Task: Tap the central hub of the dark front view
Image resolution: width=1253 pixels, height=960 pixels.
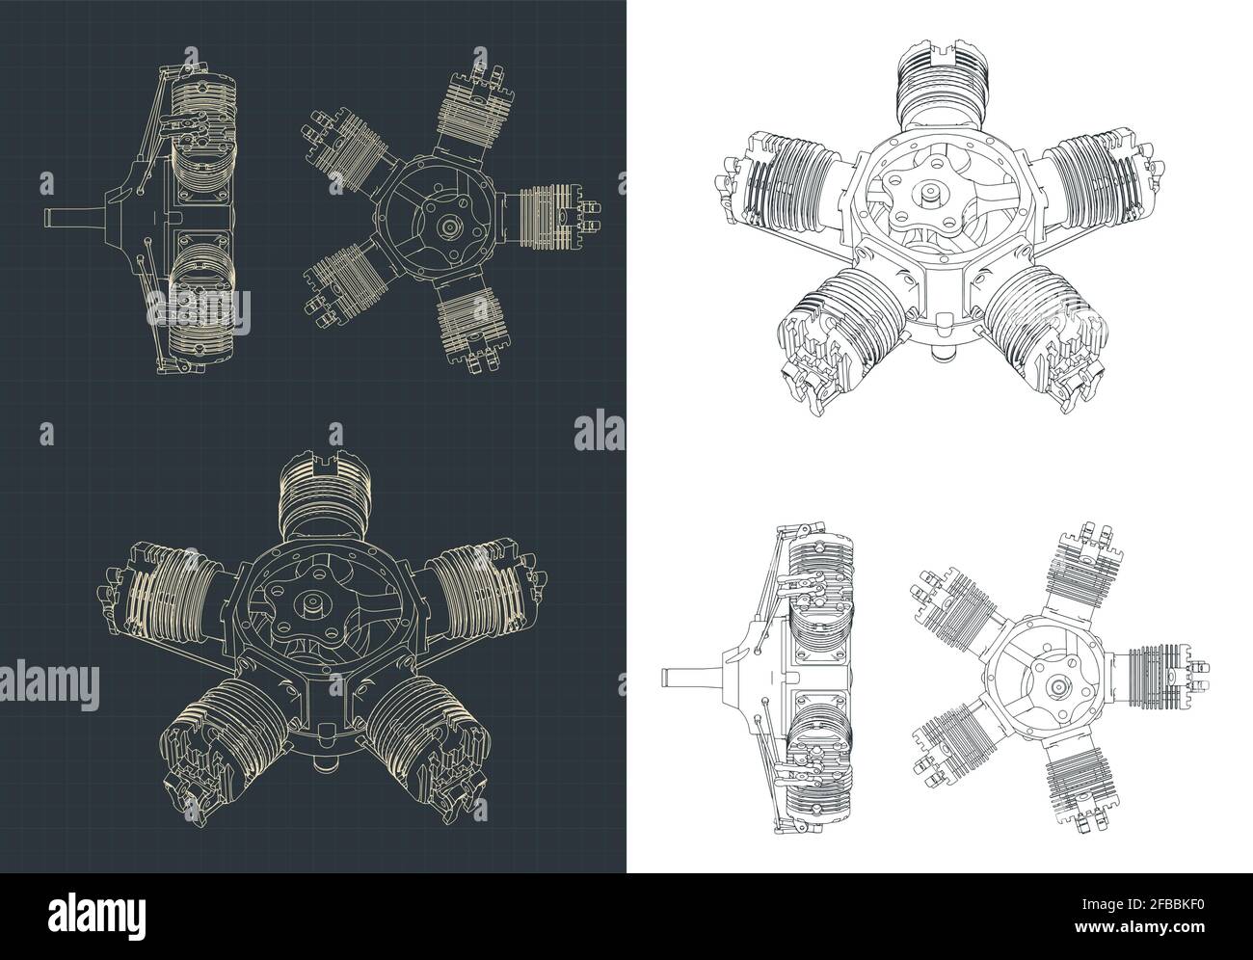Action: tap(449, 226)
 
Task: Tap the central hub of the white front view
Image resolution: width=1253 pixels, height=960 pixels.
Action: tap(1057, 685)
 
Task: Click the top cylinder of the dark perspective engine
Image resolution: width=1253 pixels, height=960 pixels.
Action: tap(320, 502)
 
